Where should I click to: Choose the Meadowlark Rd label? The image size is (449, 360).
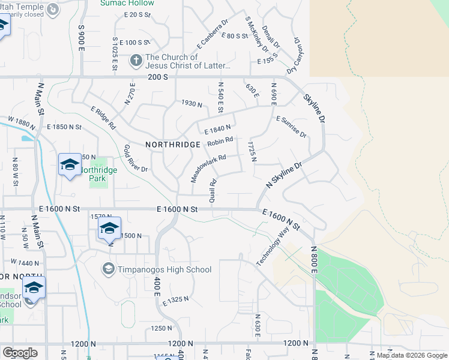[x=208, y=168]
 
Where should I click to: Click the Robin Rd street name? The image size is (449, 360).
[x=220, y=143]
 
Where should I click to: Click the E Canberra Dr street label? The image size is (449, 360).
[x=212, y=34]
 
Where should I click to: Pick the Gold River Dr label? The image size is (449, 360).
[x=136, y=158]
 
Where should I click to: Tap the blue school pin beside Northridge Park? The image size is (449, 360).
[x=69, y=164]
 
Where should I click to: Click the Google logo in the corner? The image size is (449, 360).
[x=20, y=353]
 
